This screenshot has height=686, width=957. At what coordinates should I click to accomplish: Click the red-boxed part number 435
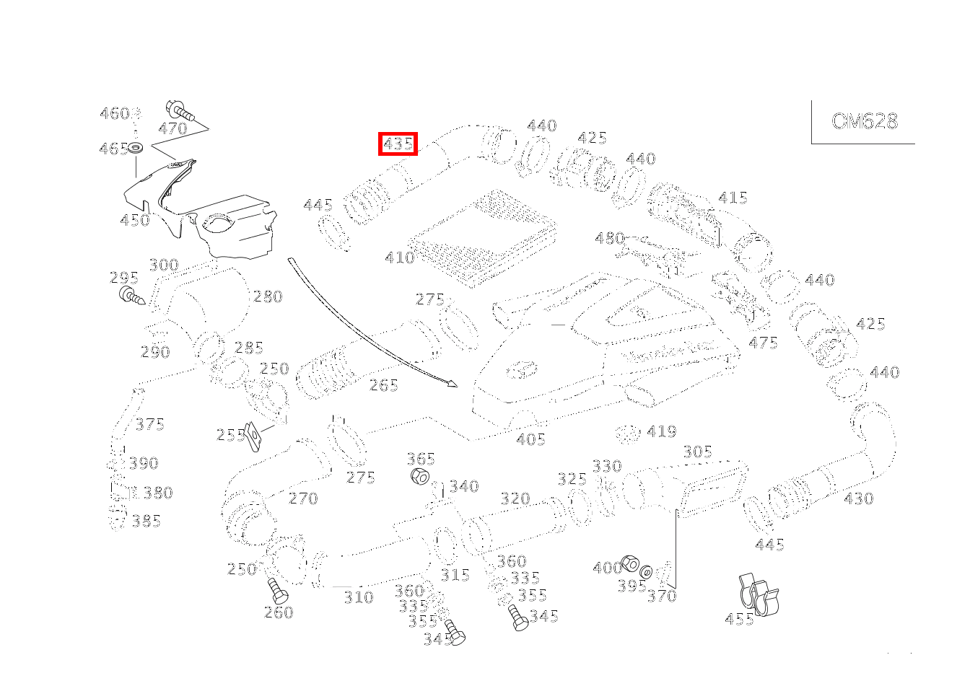tap(398, 144)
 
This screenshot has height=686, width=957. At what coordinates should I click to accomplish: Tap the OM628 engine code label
tap(865, 121)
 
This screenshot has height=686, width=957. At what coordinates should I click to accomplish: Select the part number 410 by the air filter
tap(399, 258)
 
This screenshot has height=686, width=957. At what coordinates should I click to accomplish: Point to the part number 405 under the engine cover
tap(530, 439)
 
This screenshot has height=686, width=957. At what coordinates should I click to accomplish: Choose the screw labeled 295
tap(131, 295)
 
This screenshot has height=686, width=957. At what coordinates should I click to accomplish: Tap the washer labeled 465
tap(136, 149)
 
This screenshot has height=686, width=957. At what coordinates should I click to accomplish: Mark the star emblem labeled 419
tap(629, 434)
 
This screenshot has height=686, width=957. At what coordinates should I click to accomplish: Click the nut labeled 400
tap(629, 564)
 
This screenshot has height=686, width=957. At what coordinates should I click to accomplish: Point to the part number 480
tap(609, 238)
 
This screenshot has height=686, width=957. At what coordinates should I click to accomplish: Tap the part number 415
tap(733, 198)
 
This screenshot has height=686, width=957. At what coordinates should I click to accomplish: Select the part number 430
tap(858, 498)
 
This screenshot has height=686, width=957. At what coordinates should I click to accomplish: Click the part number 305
tap(697, 452)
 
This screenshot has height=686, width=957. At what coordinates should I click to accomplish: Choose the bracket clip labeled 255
tap(253, 434)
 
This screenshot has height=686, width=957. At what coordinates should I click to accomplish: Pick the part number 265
tap(384, 386)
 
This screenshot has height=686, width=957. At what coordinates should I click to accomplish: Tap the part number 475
tap(763, 343)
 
